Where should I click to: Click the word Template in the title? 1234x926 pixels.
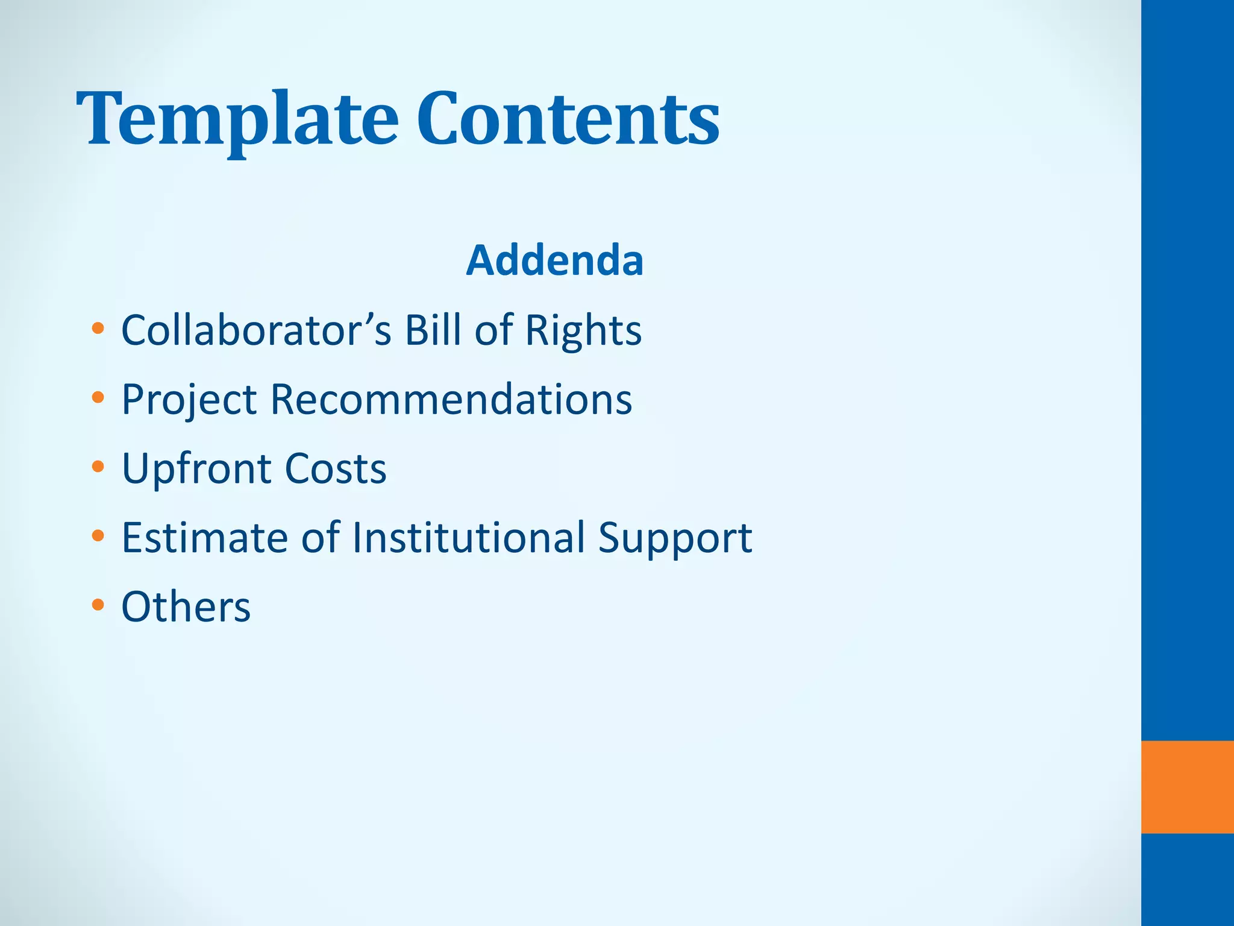237,119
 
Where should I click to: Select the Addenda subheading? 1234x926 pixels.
554,260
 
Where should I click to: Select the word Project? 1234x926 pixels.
189,400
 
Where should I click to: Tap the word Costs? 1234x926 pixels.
335,468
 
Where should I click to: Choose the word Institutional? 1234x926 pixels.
468,537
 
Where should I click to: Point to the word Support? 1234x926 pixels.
675,538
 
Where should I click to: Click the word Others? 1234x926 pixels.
186,606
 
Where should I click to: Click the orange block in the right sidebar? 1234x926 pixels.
1187,787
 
